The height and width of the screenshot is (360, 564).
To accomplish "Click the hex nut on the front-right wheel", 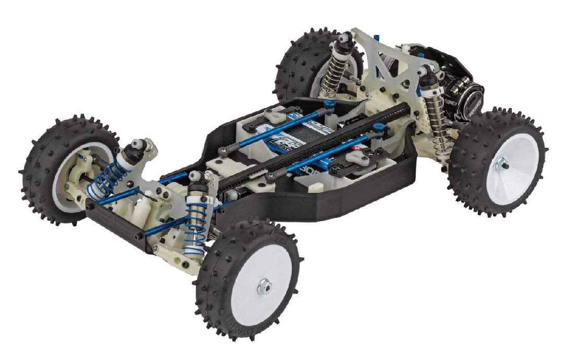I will (x=264, y=287).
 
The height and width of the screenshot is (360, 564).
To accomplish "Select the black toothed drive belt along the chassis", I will (x=313, y=142).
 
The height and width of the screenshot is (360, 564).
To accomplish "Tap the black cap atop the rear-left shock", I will (x=344, y=39).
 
